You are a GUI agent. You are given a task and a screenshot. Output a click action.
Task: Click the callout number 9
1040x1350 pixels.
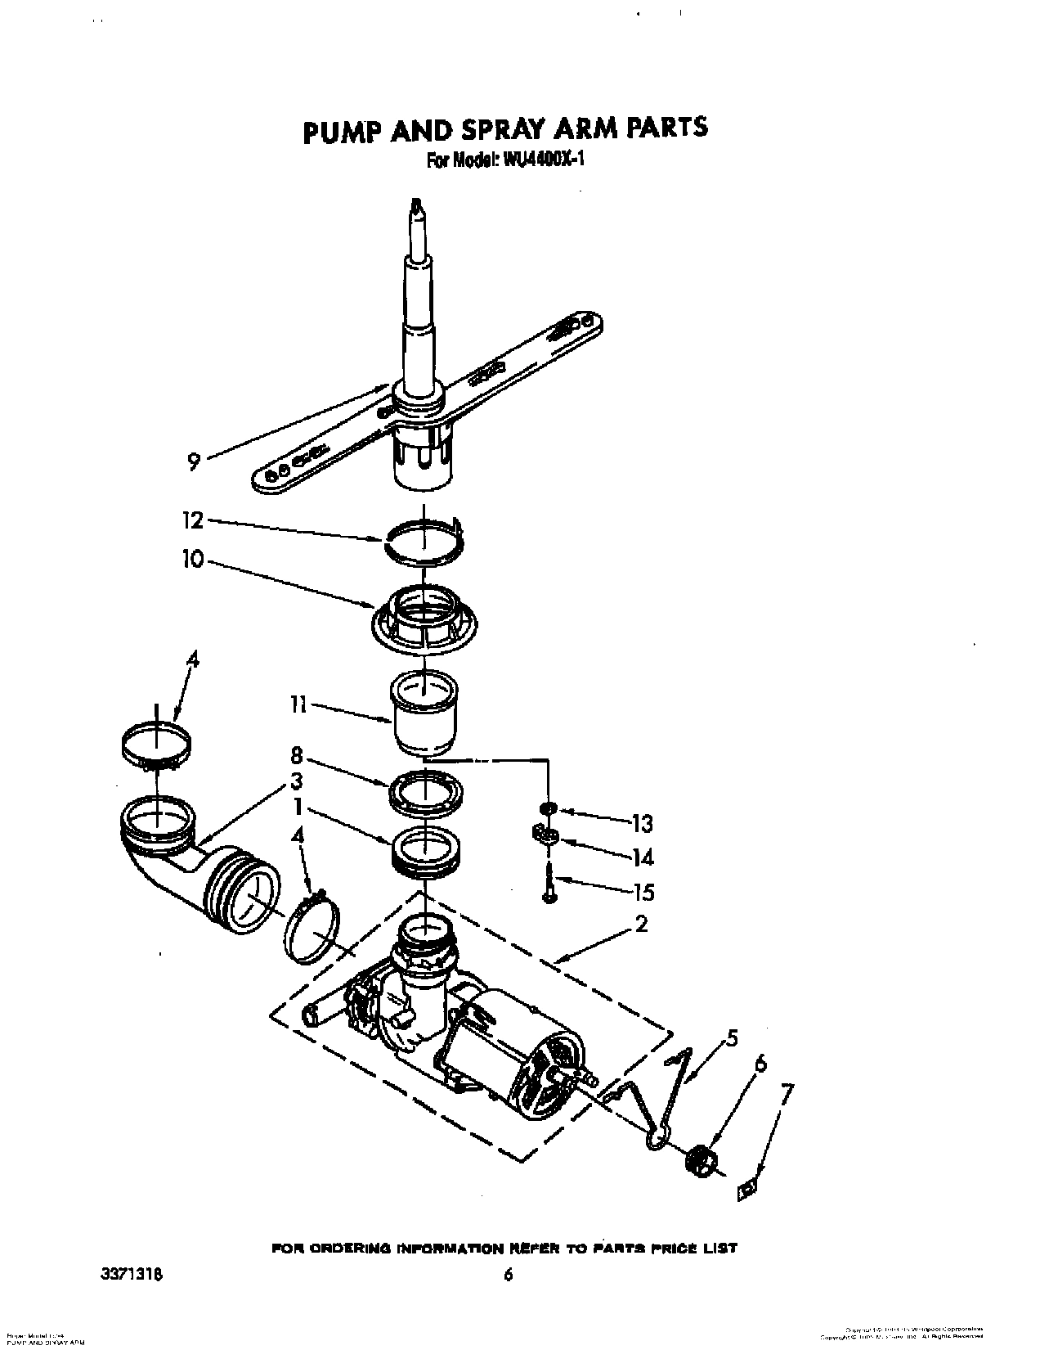194,462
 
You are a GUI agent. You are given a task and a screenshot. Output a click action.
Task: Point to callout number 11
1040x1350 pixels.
298,704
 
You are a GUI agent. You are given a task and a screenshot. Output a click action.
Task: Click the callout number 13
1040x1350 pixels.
643,823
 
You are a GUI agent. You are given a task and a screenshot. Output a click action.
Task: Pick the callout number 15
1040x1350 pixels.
643,892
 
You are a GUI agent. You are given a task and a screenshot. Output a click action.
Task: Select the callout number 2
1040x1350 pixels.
640,925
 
